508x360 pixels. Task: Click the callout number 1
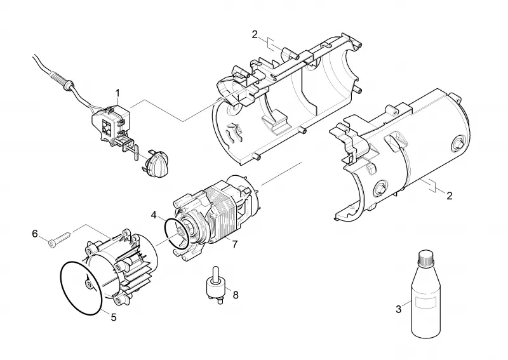pyautogui.click(x=117, y=93)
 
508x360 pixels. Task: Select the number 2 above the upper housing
pyautogui.click(x=255, y=34)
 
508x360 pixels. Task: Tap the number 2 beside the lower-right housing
pyautogui.click(x=450, y=196)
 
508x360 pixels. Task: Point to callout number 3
pyautogui.click(x=399, y=309)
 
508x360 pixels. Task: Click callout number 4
pyautogui.click(x=154, y=215)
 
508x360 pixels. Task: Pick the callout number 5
pyautogui.click(x=114, y=317)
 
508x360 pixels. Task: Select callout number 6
pyautogui.click(x=35, y=233)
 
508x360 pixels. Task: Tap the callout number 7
pyautogui.click(x=235, y=244)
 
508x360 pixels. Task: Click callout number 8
pyautogui.click(x=236, y=295)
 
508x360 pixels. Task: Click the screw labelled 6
pyautogui.click(x=61, y=237)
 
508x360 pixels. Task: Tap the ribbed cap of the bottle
pyautogui.click(x=426, y=258)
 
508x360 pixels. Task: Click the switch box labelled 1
pyautogui.click(x=111, y=124)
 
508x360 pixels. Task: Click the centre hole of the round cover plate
pyautogui.click(x=88, y=284)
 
